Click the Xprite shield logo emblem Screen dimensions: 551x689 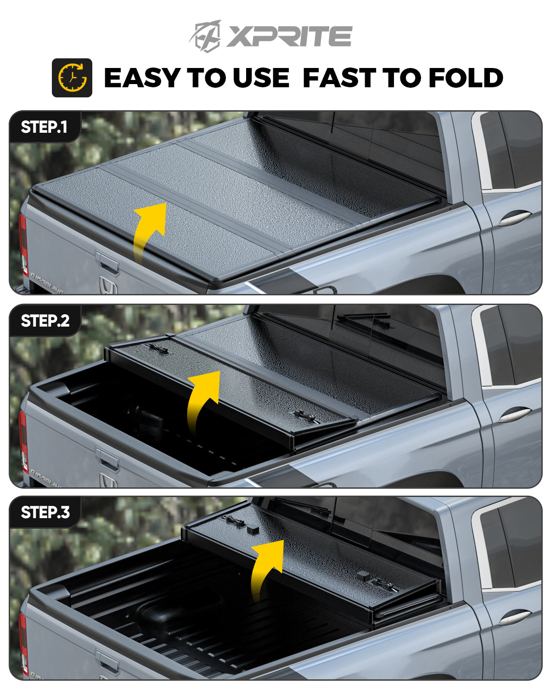coord(206,36)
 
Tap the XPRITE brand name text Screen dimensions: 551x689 coord(289,36)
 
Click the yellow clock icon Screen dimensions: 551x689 coord(73,78)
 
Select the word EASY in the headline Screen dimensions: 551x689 coord(142,78)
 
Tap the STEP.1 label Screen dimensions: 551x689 coord(44,127)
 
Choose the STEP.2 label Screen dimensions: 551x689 coord(45,321)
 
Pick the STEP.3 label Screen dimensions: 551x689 coord(45,512)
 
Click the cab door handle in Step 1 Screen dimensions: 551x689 coord(514,218)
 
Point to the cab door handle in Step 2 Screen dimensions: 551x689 coord(514,415)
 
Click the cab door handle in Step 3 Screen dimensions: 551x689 coord(514,617)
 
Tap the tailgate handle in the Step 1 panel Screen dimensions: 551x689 coord(107,262)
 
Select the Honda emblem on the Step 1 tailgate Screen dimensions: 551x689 coord(107,285)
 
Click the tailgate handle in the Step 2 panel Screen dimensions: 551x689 coord(107,458)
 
